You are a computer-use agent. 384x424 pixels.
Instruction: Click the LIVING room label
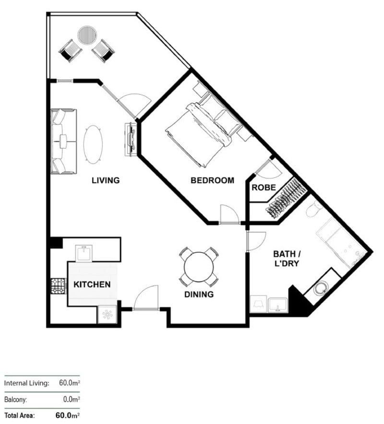coord(106,180)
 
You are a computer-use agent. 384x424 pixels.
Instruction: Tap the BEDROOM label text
coord(212,180)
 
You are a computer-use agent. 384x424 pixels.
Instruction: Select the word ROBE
coord(264,188)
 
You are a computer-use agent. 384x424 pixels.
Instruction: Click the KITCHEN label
coord(92,284)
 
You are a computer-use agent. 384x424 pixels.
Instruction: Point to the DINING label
coord(199,294)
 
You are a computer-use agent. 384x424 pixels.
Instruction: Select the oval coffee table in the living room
coord(93,144)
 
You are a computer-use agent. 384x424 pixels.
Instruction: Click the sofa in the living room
coord(63,141)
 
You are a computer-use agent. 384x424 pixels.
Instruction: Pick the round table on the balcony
coord(88,35)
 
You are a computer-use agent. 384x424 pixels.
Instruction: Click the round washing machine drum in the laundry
coord(320,288)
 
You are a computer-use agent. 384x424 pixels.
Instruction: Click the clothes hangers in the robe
coord(286,198)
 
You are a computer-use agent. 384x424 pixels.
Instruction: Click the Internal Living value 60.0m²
coord(68,383)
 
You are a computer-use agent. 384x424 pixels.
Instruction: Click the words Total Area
coord(19,415)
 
